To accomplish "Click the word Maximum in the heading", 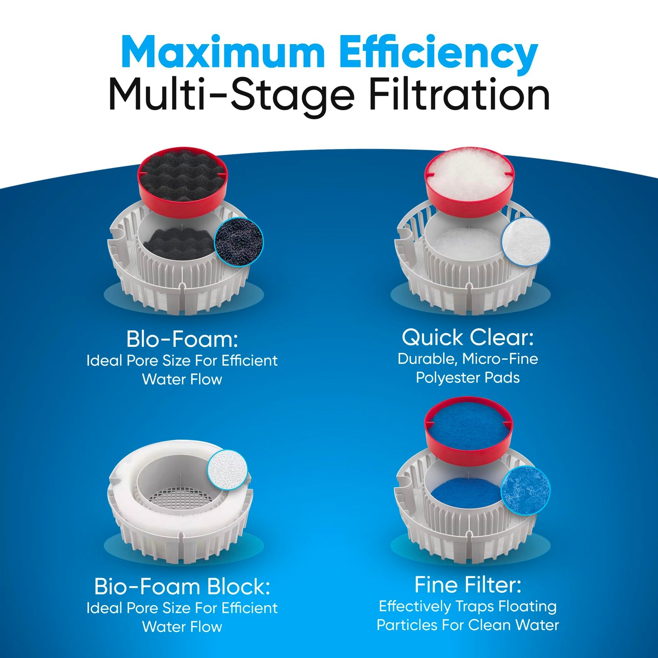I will (223, 52).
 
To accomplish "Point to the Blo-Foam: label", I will (182, 339).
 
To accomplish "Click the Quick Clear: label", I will (468, 337).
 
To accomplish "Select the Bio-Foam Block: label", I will (182, 587).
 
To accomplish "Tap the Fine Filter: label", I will (468, 585).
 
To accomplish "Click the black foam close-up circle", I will (239, 241).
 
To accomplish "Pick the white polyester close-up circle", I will (526, 241).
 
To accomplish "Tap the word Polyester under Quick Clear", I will (444, 377).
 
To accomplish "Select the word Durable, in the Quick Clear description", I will (428, 359).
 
